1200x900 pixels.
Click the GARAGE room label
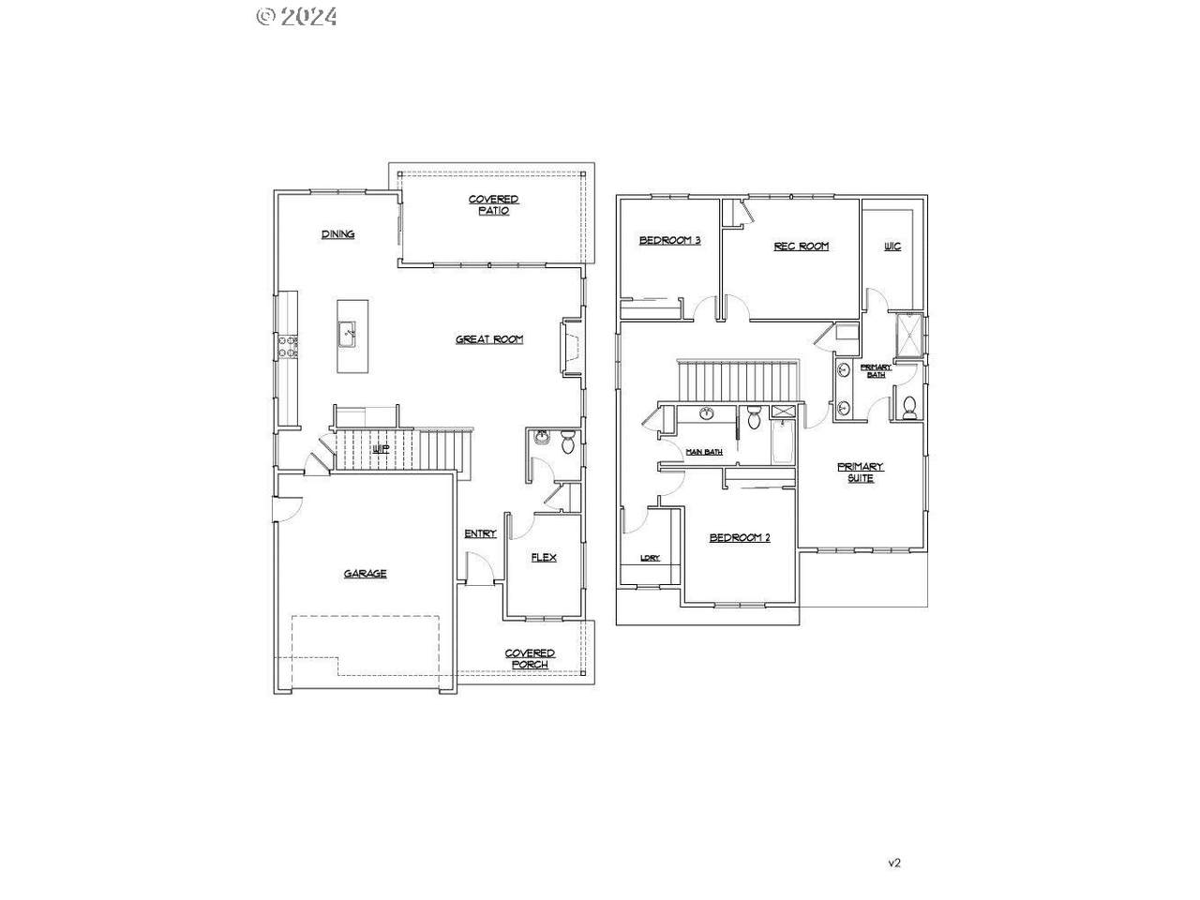pyautogui.click(x=365, y=574)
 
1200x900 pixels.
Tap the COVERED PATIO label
pyautogui.click(x=493, y=205)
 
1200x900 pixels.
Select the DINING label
pyautogui.click(x=337, y=234)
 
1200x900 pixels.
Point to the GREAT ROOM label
pyautogui.click(x=489, y=339)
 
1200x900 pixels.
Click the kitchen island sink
pyautogui.click(x=348, y=330)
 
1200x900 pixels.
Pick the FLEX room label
pyautogui.click(x=544, y=557)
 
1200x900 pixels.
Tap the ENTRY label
pyautogui.click(x=480, y=534)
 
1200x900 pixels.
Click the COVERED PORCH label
pyautogui.click(x=530, y=659)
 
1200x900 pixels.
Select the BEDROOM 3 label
pyautogui.click(x=669, y=241)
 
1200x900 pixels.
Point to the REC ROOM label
pyautogui.click(x=801, y=247)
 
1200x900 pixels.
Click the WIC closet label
pyautogui.click(x=892, y=247)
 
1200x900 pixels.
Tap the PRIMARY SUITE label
pyautogui.click(x=860, y=472)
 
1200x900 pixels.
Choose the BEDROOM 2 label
pyautogui.click(x=739, y=538)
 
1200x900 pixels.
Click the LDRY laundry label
pyautogui.click(x=650, y=558)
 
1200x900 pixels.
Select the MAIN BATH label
pyautogui.click(x=704, y=452)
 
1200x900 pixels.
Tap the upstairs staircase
pyautogui.click(x=739, y=380)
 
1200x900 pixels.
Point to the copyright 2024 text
pyautogui.click(x=296, y=16)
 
